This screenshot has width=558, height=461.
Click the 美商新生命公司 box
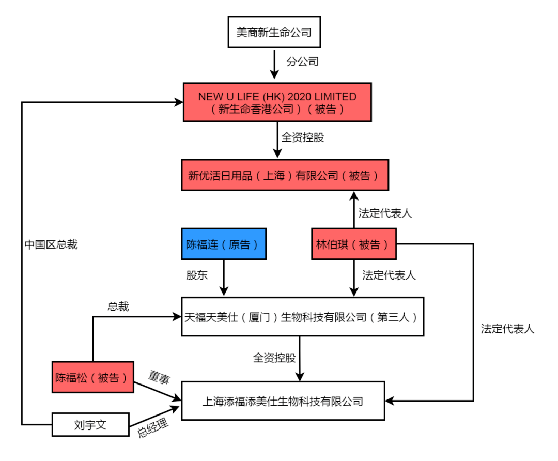pyautogui.click(x=274, y=32)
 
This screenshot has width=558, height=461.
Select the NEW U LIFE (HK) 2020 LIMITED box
pyautogui.click(x=277, y=102)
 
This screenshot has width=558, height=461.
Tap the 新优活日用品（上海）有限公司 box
pyautogui.click(x=284, y=175)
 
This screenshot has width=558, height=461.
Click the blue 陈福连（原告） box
pyautogui.click(x=224, y=243)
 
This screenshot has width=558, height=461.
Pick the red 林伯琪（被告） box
pyautogui.click(x=354, y=243)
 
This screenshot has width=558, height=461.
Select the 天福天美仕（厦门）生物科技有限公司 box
pyautogui.click(x=302, y=317)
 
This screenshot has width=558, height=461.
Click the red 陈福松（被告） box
pyautogui.click(x=93, y=377)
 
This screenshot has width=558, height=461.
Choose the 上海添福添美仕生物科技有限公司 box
pyautogui.click(x=283, y=401)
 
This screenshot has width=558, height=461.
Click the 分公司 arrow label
pyautogui.click(x=303, y=62)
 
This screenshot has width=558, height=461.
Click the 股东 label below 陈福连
pyautogui.click(x=197, y=275)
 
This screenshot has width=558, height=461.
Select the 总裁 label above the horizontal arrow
pyautogui.click(x=118, y=306)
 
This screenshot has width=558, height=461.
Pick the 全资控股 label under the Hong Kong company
pyautogui.click(x=303, y=137)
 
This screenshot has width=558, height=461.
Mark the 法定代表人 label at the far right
pyautogui.click(x=507, y=329)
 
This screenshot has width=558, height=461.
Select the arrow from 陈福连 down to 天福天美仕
pyautogui.click(x=224, y=277)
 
